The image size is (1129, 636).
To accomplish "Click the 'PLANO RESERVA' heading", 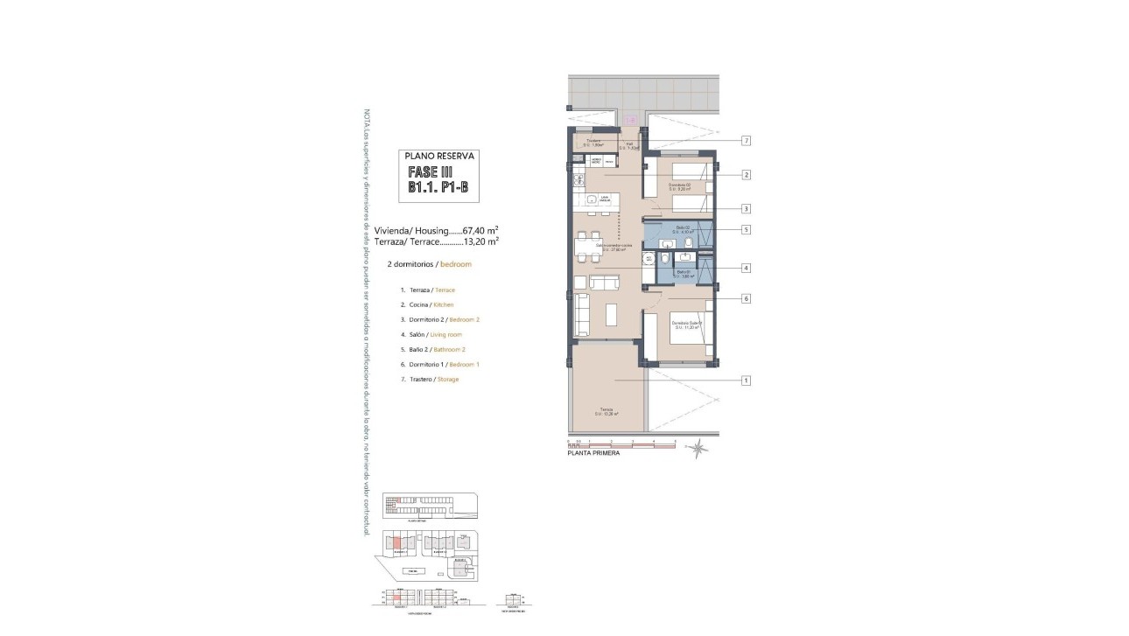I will pos(439,156).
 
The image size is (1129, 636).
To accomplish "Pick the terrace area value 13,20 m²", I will pos(481,241).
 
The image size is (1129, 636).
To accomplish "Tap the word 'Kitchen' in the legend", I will pos(444,304).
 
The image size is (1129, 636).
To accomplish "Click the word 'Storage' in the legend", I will pos(448,379).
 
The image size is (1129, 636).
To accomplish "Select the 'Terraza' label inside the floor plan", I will pos(606,408).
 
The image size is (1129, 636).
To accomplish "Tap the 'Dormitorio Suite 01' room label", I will pos(687,324).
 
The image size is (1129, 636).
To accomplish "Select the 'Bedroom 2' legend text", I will pos(466,319).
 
